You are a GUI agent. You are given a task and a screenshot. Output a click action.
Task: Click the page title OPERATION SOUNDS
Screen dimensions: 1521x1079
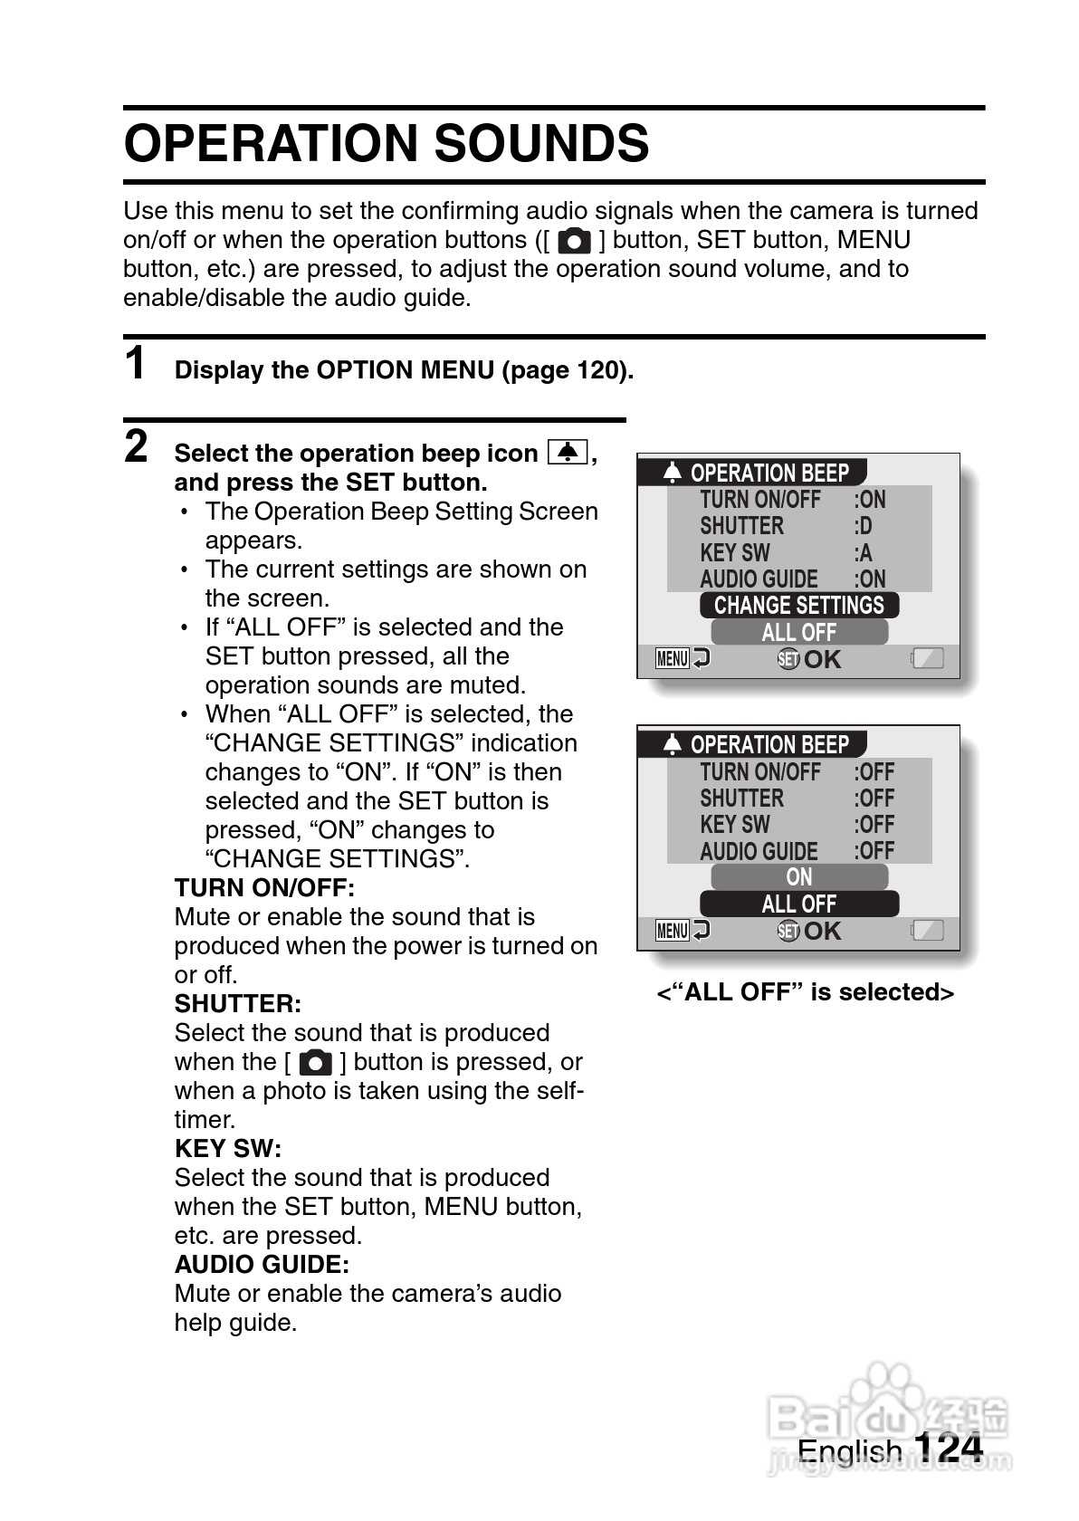387,144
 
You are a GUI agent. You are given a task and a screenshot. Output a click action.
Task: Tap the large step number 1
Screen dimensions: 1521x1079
136,364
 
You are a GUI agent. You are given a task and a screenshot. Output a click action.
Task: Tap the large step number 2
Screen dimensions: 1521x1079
136,446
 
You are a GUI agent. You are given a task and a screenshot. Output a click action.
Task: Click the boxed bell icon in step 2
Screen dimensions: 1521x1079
568,452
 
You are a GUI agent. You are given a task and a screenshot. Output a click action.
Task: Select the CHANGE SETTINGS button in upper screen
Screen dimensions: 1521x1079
798,605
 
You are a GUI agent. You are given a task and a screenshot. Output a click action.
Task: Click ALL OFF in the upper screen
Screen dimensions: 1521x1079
798,632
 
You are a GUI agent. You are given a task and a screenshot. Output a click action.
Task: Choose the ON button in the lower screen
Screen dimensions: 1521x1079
798,876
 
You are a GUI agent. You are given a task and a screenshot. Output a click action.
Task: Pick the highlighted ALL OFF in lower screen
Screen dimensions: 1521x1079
798,904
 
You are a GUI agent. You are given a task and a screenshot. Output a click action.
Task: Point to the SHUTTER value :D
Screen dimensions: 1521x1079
864,526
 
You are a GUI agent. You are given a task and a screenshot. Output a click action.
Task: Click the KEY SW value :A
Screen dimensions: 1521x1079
864,552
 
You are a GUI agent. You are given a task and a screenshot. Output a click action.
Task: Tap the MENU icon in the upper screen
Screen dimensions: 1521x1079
673,659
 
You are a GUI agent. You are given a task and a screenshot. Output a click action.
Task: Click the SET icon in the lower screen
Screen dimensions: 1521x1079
788,931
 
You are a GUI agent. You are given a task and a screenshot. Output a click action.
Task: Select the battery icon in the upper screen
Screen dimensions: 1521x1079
928,659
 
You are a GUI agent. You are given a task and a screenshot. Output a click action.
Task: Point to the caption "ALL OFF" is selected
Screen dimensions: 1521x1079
806,992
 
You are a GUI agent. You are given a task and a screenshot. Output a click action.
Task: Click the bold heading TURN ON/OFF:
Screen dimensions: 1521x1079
264,887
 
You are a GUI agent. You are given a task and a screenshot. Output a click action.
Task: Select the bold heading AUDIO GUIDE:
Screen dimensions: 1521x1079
262,1264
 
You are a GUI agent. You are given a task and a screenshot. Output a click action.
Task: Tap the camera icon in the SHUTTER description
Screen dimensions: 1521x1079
315,1062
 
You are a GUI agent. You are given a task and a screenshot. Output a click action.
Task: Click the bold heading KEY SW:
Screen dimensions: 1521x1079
228,1148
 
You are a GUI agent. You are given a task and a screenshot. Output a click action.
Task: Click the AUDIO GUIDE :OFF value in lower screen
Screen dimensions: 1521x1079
874,851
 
